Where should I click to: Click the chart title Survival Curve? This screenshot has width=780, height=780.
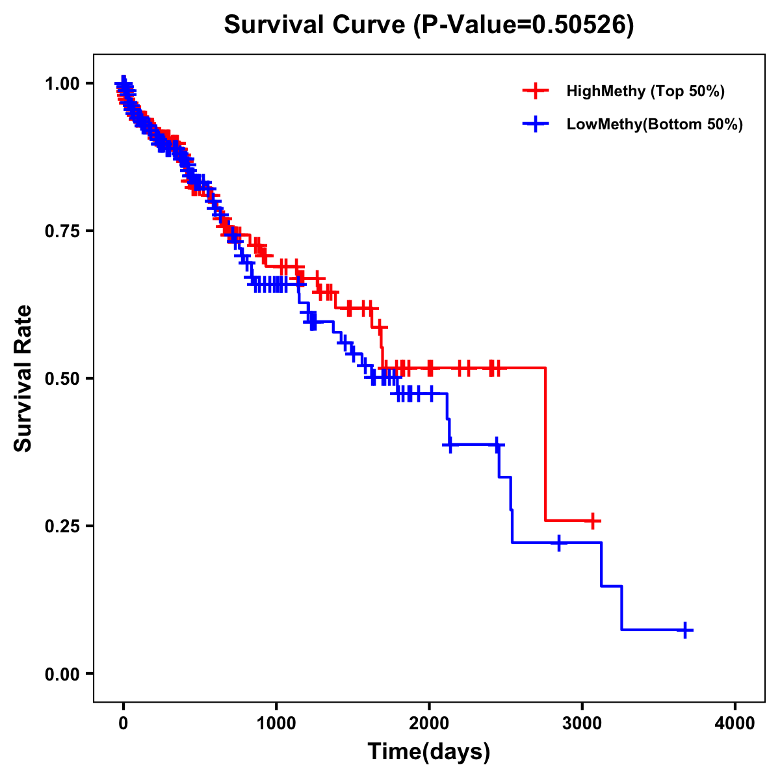coord(316,25)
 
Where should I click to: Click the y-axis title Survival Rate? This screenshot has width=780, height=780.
coord(23,378)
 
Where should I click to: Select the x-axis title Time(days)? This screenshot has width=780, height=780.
coord(429,751)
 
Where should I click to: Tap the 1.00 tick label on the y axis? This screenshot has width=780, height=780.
coord(62,83)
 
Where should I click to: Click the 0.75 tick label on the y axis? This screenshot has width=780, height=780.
coord(62,231)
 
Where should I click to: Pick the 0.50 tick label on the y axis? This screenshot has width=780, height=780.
coord(62,378)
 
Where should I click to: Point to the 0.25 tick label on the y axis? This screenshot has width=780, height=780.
coord(62,526)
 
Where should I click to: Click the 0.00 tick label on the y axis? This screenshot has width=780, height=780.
coord(62,673)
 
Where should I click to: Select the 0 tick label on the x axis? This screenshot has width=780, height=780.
coord(123,724)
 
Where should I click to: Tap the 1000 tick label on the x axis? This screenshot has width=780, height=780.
coord(276,724)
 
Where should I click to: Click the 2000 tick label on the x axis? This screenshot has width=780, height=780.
coord(429,724)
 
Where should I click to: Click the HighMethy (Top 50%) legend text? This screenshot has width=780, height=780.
coord(645,91)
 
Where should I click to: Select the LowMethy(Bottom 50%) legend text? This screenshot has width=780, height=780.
coord(655,124)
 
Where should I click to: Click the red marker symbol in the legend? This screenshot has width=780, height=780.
coord(536,91)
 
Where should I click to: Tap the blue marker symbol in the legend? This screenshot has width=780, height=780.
coord(536,124)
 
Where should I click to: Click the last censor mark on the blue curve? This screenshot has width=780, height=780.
coord(685,630)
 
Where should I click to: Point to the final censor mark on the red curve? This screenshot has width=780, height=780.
coord(592,521)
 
